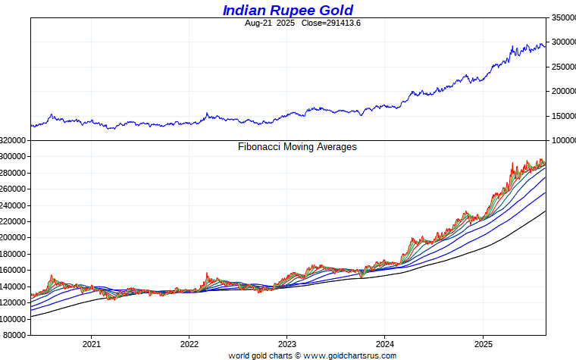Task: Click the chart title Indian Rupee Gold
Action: click(287, 10)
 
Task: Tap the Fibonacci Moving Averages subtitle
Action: click(297, 147)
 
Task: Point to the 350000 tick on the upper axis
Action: click(562, 17)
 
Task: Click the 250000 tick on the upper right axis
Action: click(562, 67)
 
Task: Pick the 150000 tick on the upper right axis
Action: click(562, 116)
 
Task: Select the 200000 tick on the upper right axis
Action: click(562, 92)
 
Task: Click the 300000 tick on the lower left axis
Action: click(14, 157)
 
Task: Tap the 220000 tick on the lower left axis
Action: click(14, 222)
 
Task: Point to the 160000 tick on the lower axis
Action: click(14, 271)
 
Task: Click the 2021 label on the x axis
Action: click(91, 343)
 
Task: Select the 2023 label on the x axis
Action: click(286, 343)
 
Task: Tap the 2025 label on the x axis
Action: click(483, 343)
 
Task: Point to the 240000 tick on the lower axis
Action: click(14, 205)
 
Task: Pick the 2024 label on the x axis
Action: click(384, 343)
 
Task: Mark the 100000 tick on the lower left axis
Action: click(14, 319)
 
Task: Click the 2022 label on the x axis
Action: click(189, 343)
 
